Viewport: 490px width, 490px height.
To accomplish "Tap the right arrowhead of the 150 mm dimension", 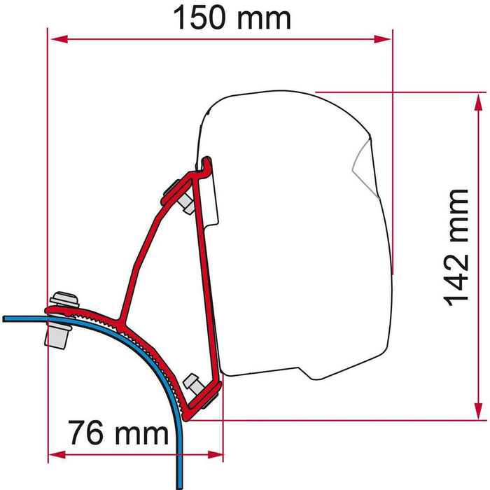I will [384, 41].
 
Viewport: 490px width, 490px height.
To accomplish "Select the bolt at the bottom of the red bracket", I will [192, 384].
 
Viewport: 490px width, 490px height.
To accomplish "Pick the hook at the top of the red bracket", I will [206, 165].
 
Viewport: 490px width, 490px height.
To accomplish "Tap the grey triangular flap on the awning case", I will [361, 161].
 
